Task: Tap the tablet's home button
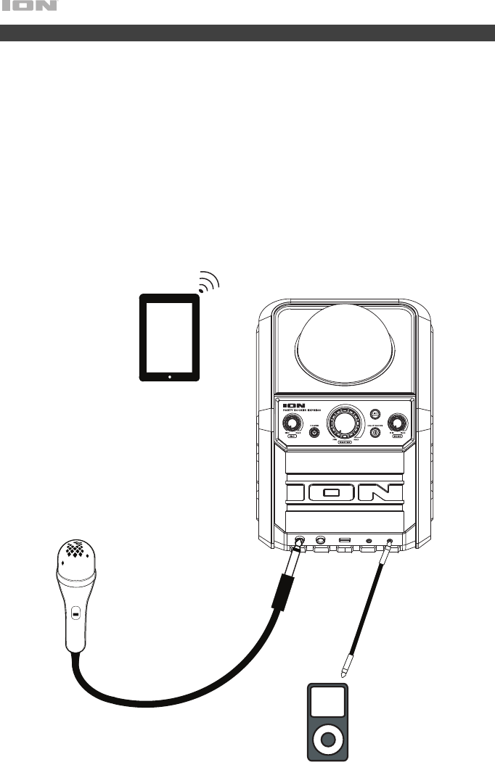click(170, 376)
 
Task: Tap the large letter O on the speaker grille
click(332, 493)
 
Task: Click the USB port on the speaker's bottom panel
click(345, 540)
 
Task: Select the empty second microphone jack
click(320, 540)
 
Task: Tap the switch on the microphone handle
click(75, 615)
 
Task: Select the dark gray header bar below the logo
click(247, 33)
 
